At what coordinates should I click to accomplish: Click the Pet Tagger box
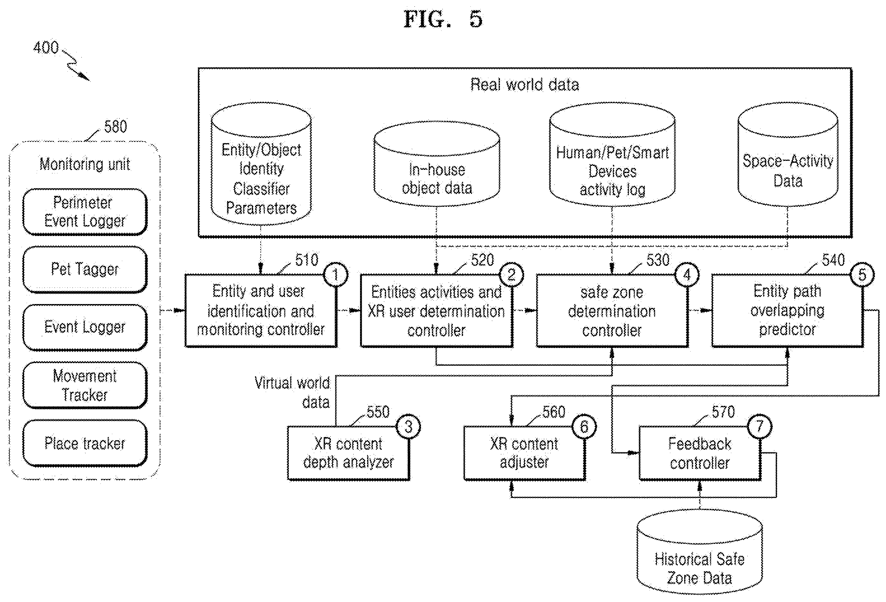tap(85, 269)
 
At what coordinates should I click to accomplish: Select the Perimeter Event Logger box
tap(85, 212)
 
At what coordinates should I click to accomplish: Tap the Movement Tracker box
tap(85, 385)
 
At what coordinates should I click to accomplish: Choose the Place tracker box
tap(85, 443)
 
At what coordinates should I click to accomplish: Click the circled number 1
tap(335, 275)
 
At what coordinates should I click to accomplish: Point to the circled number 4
tap(687, 275)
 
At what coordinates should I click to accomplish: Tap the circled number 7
tap(760, 426)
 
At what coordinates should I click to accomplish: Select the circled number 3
tap(408, 426)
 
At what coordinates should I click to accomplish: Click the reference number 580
tap(116, 127)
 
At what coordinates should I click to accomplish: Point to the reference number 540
tap(833, 260)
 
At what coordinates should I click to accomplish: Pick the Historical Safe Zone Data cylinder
tap(700, 552)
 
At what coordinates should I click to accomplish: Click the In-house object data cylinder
tap(437, 164)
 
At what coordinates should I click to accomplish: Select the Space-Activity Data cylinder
tap(787, 154)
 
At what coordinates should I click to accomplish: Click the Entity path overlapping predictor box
tap(787, 310)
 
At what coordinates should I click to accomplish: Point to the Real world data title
tap(525, 85)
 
